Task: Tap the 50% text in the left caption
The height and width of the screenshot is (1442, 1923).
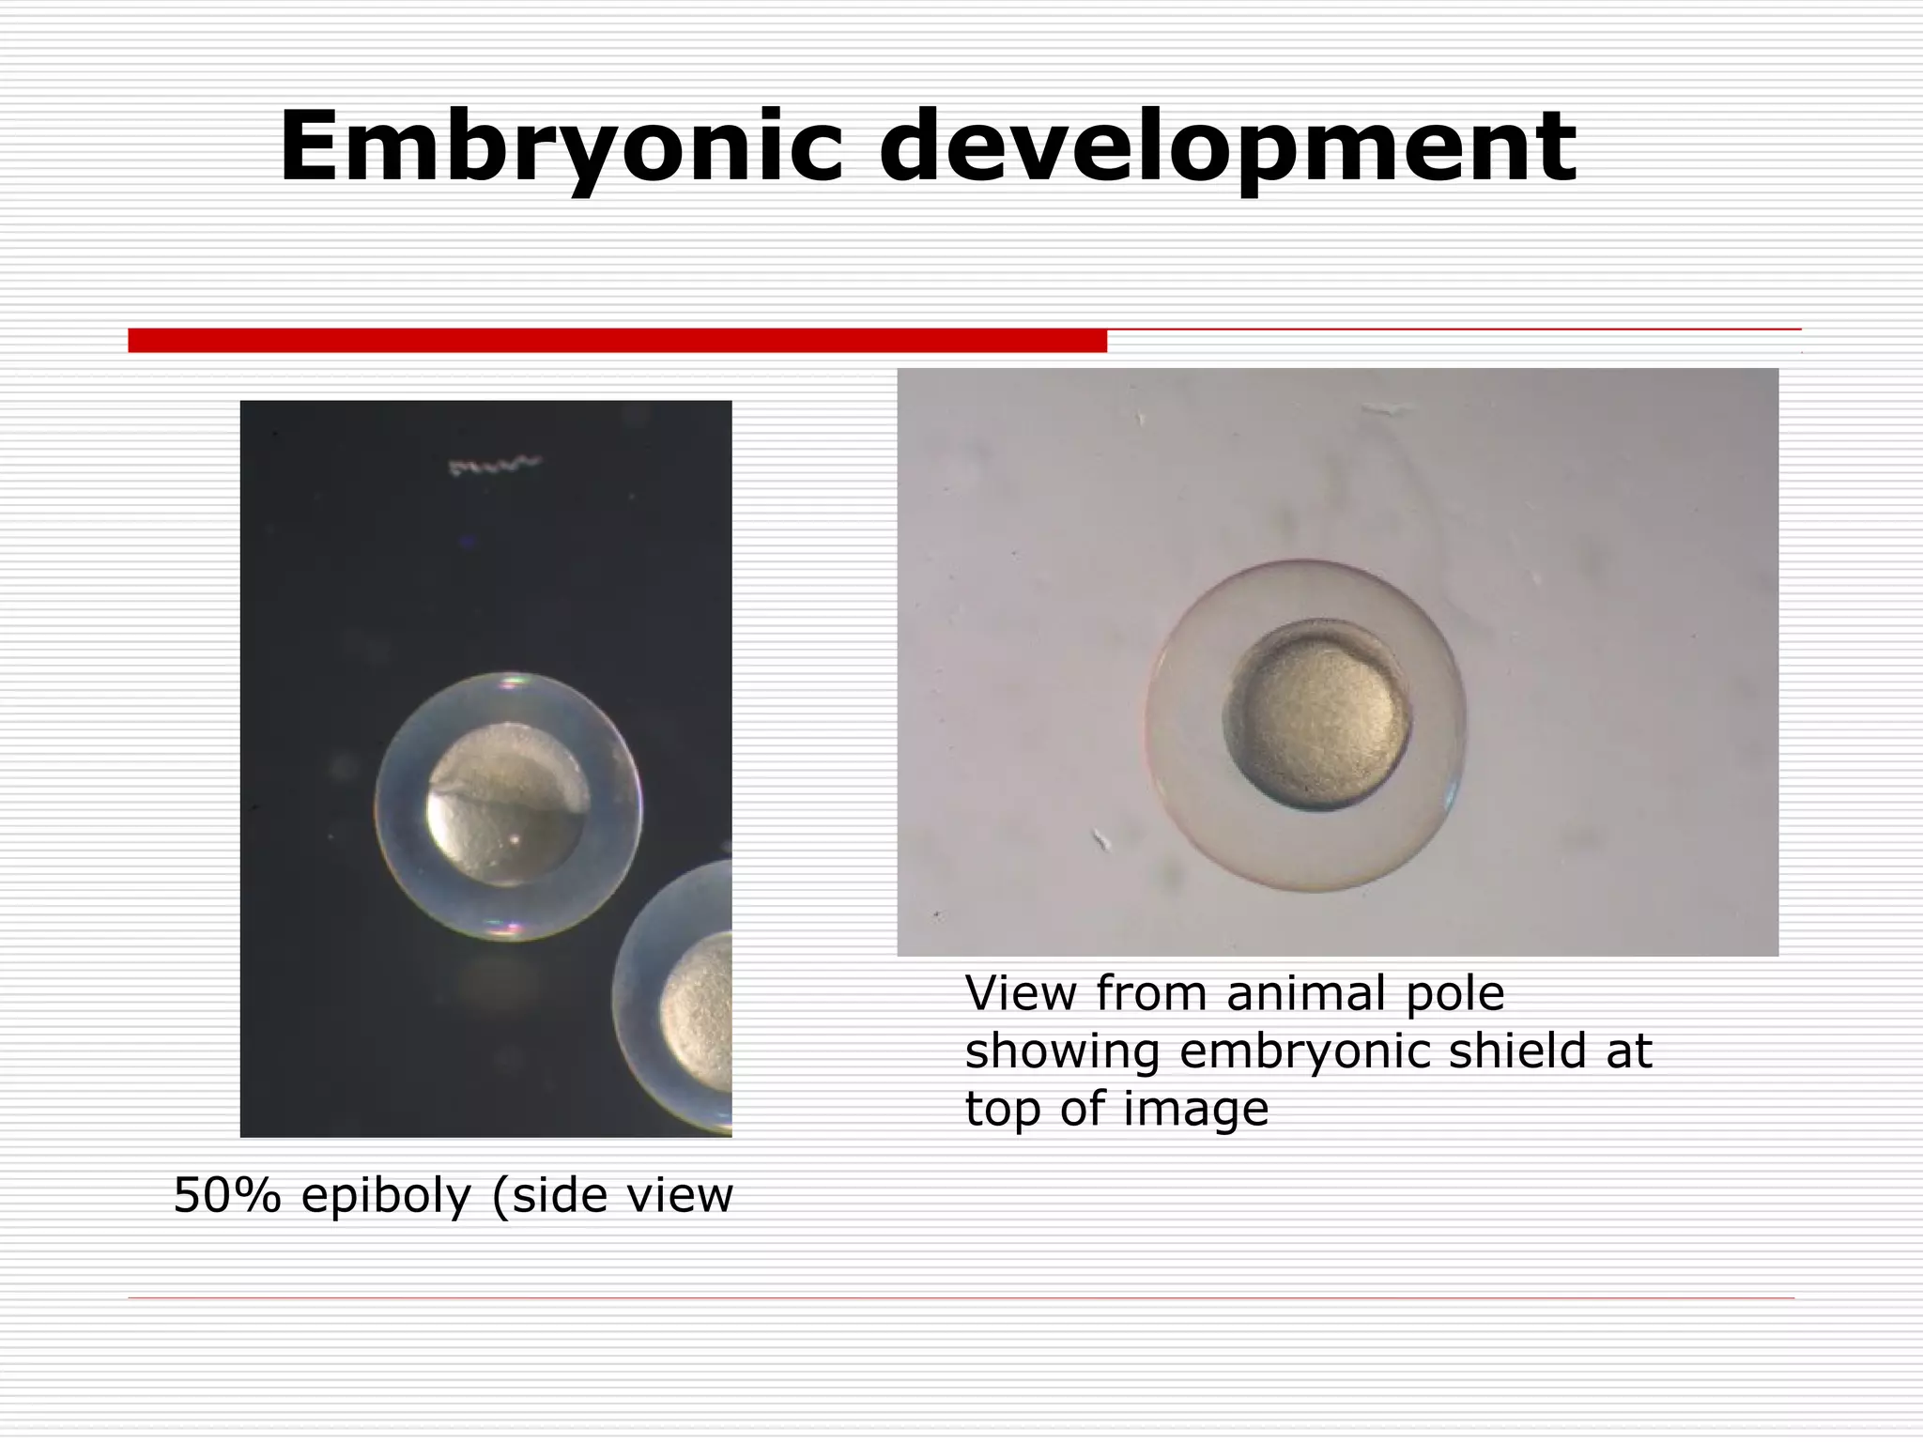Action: click(x=227, y=1196)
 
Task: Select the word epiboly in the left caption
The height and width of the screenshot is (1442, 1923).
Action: click(x=386, y=1196)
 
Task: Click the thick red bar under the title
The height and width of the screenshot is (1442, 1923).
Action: click(x=617, y=340)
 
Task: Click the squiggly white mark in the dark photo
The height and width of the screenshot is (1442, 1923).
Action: click(x=495, y=465)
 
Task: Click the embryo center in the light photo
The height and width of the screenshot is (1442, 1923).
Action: click(x=1318, y=715)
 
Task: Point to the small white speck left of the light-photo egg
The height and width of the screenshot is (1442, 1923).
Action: click(x=1101, y=838)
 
